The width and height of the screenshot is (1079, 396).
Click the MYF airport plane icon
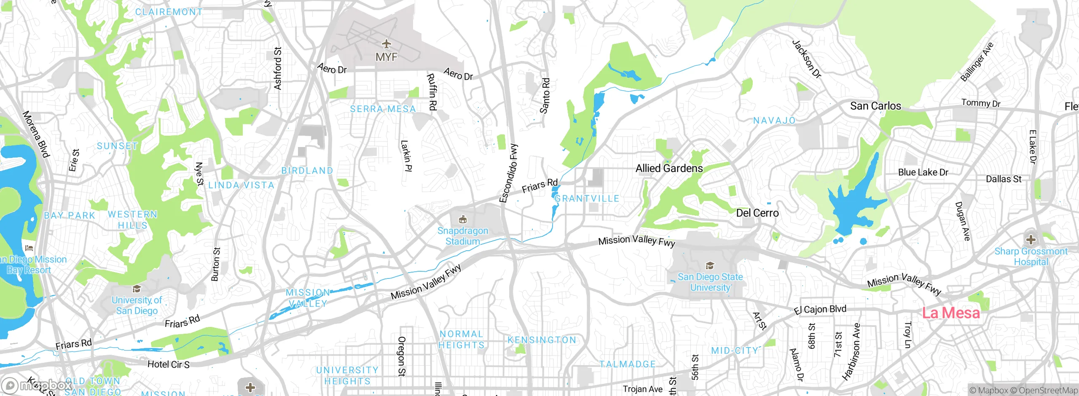(386, 44)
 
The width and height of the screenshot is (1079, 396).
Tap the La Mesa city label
(950, 313)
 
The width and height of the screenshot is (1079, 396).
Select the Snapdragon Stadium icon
(463, 219)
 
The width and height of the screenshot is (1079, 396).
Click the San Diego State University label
(710, 282)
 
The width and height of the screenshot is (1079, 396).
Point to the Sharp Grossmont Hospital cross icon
(1031, 240)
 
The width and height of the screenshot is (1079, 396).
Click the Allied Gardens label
(669, 169)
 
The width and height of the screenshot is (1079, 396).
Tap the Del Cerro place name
(757, 213)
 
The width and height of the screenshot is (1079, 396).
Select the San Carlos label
(875, 106)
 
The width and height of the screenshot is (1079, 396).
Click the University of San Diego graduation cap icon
(137, 289)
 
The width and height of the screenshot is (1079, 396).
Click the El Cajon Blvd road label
(820, 310)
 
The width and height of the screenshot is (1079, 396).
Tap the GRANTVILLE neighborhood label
(587, 199)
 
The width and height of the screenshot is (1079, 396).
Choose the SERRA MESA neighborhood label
(383, 109)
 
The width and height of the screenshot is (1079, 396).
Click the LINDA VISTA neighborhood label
(241, 185)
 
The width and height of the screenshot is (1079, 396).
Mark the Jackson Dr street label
(807, 59)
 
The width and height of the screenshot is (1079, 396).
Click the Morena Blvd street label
(36, 134)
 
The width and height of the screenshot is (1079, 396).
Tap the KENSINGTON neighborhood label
(542, 340)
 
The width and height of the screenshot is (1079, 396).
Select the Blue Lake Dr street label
(923, 172)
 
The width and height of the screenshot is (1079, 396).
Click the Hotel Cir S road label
(168, 364)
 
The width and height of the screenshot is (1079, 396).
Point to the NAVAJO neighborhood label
(774, 121)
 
